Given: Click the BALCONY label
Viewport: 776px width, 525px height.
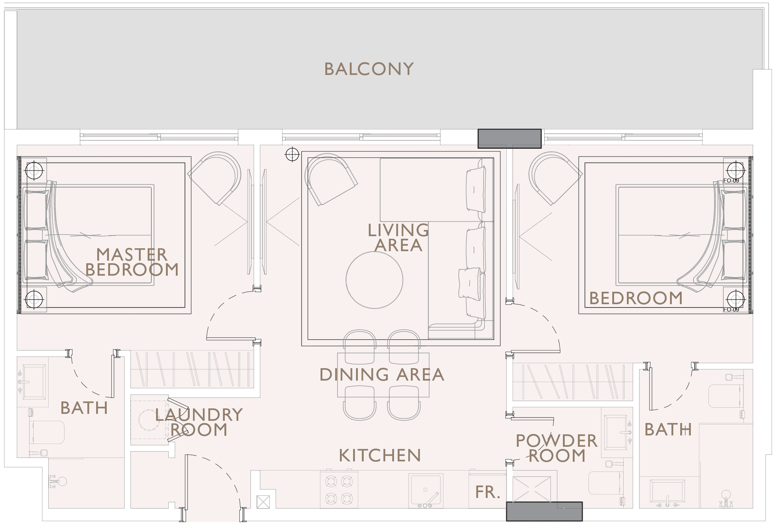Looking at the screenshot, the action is point(369,69).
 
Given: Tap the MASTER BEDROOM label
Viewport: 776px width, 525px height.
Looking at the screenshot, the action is point(132,262).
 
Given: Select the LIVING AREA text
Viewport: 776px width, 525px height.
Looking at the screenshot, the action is point(398,238).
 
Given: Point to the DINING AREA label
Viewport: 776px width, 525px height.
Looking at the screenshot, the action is point(382,375).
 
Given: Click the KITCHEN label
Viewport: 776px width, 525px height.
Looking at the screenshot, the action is point(380,456).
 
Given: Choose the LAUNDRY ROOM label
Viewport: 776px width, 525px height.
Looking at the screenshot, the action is point(199,422).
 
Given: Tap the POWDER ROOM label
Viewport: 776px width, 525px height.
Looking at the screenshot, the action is point(557,448).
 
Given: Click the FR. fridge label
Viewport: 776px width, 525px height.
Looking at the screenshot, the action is point(488,492).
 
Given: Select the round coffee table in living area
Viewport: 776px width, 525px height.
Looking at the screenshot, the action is point(374,280).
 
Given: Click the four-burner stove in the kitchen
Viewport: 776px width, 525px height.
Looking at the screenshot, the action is point(339,490).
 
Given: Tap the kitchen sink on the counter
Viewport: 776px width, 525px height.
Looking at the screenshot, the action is point(426,491).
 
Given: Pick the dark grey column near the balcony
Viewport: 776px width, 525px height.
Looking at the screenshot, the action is point(510,139).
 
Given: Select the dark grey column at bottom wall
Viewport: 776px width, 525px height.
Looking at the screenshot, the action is point(544,511).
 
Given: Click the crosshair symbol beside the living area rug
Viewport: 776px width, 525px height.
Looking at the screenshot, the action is point(292,155).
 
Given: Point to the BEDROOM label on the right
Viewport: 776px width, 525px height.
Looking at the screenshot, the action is point(636,298).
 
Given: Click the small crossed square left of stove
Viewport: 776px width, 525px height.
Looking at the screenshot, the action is point(263,502).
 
